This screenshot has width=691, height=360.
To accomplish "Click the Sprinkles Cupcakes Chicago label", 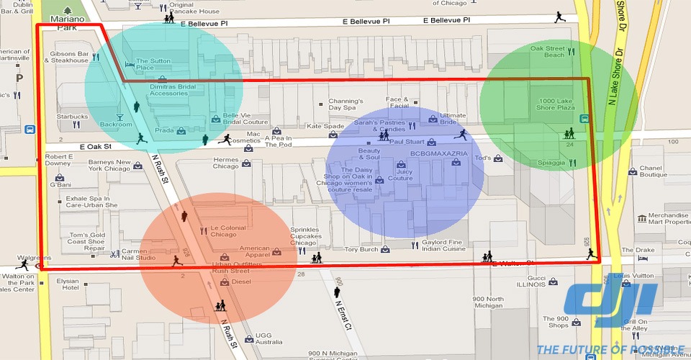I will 304,236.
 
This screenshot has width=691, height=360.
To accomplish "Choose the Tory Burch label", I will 361,250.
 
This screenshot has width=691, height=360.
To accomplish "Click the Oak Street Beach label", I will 548,51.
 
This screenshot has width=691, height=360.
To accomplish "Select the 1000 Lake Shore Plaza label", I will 555,104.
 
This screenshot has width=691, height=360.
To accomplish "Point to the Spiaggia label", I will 551,163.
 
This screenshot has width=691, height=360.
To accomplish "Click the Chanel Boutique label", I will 654,171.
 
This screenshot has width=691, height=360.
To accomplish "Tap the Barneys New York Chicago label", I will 109,166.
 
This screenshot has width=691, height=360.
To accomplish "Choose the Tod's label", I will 483,158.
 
